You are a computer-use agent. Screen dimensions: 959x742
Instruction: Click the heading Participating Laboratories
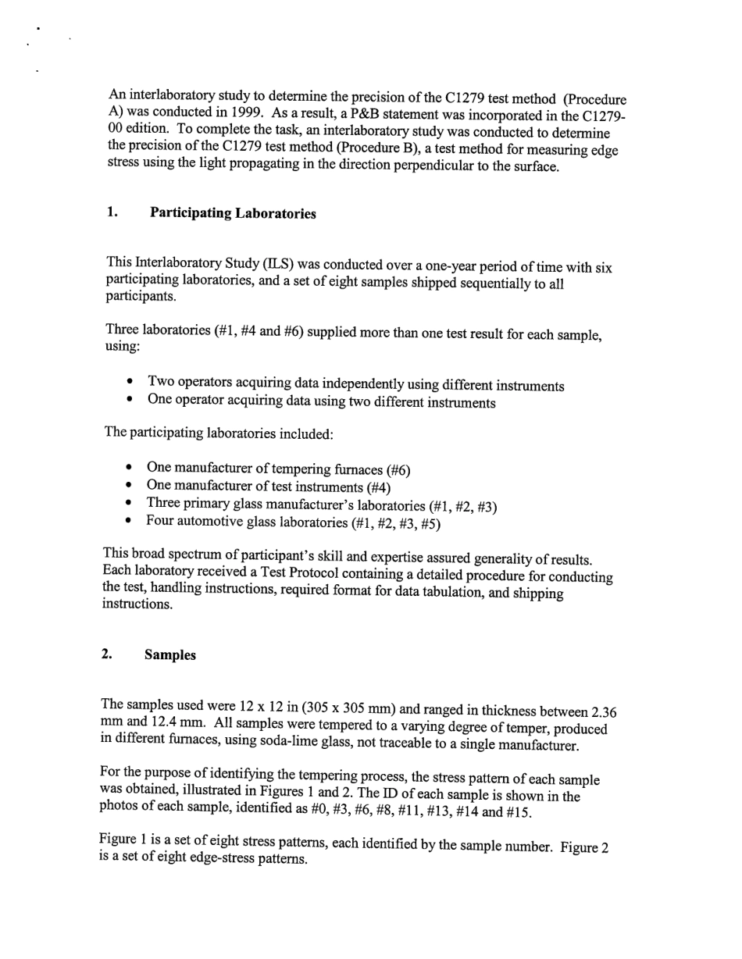[x=233, y=213]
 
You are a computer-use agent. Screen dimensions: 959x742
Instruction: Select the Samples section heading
[x=169, y=655]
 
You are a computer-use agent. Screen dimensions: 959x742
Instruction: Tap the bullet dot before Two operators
[x=130, y=383]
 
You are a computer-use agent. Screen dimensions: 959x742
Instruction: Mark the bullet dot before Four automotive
[x=129, y=522]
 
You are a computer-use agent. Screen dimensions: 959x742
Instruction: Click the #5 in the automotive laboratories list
[x=428, y=524]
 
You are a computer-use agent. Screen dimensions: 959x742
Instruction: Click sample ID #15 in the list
[x=515, y=812]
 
